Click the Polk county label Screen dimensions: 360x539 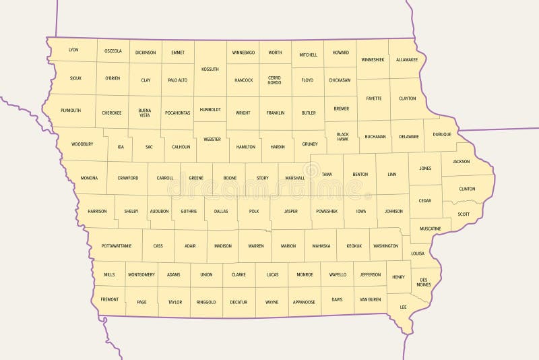coord(253,211)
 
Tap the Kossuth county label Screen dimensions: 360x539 coord(210,69)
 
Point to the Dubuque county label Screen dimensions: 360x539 coord(442,134)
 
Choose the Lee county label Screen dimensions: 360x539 coord(403,307)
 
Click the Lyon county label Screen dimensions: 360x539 coord(73,50)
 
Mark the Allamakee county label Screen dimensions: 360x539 coord(407,59)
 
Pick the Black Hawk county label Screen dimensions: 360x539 coord(343,136)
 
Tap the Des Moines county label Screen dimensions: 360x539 coord(424,282)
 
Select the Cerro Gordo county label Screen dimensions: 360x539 coord(274,80)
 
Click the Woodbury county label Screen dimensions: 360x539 coord(82,144)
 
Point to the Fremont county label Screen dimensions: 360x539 coord(109,299)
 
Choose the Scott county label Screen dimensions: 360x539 coord(464,214)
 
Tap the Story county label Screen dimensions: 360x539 coord(262,178)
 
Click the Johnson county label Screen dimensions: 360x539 coord(393,211)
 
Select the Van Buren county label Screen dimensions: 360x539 coord(370,299)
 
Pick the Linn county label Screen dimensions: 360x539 coord(392,175)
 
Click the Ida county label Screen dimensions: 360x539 coord(121,147)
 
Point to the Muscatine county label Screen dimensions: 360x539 coord(430,229)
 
